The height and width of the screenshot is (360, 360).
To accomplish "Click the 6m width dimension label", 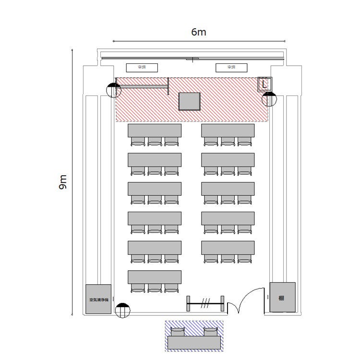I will coord(198,33).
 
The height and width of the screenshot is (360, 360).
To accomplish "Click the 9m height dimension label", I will coord(63,182).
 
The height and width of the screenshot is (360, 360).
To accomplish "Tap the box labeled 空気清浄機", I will coord(99,300).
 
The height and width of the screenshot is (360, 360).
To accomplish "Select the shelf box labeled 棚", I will coord(282,298).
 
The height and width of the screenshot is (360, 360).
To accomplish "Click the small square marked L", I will coord(265,84).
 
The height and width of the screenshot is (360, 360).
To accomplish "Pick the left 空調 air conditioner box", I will coord(142,68).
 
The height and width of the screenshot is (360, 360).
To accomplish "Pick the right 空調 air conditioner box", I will coord(231,68).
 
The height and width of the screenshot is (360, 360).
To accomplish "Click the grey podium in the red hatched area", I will coord(189,101).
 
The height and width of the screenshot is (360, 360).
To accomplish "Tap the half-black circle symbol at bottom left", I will coord(123,310).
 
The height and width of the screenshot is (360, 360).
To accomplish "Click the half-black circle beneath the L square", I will coord(269,99).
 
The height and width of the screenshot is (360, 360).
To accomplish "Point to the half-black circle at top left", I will coord(114,90).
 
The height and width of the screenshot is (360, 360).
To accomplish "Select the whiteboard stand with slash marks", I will coord(205,303).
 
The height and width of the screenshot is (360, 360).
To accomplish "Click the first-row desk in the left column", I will coord(155,130).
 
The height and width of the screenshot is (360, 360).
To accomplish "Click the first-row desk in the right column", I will coord(228,130).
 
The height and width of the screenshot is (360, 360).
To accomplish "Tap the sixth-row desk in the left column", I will coord(155,276).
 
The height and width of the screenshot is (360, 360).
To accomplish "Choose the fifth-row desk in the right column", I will coord(228,247).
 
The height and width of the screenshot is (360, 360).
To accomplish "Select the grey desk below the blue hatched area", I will coord(194,342).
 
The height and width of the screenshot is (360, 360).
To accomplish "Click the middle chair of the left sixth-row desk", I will coord(155,288).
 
